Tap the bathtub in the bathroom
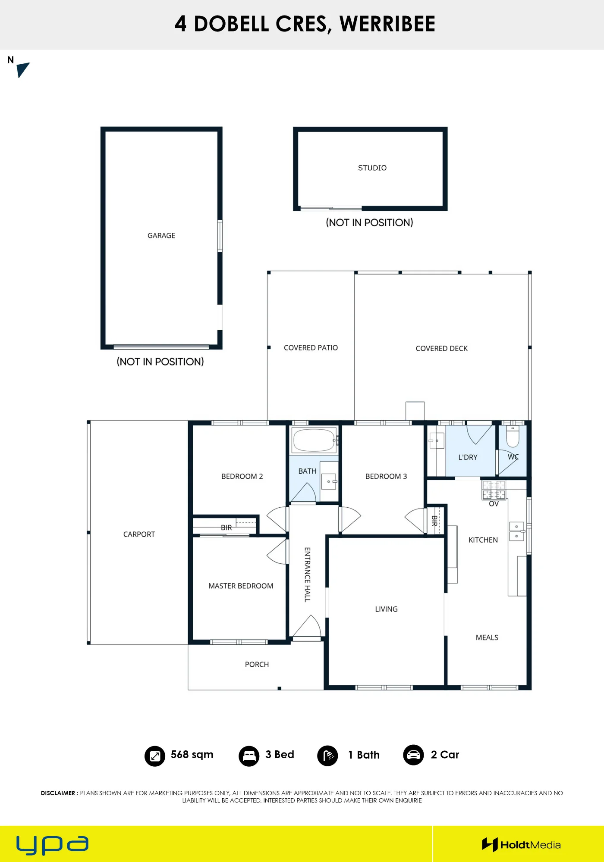click(x=315, y=440)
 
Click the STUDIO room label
click(x=372, y=168)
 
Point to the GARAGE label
click(x=161, y=235)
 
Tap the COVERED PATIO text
click(x=311, y=348)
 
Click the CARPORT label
click(x=139, y=534)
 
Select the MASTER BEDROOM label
click(x=241, y=586)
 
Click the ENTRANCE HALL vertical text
click(x=307, y=575)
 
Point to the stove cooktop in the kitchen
click(x=494, y=490)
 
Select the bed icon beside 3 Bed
click(x=249, y=756)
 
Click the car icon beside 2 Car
click(x=413, y=755)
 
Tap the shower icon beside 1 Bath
click(x=327, y=756)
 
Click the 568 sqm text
click(x=192, y=755)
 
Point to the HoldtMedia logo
click(x=521, y=845)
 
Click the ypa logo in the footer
click(x=52, y=845)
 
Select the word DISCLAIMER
click(x=58, y=793)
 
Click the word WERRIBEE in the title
click(x=387, y=24)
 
